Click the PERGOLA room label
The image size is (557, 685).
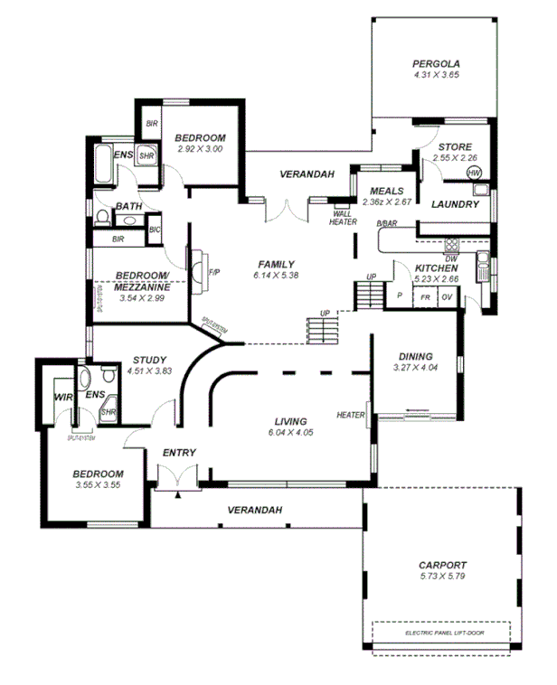(x=437, y=63)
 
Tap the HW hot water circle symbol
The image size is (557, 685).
(x=474, y=174)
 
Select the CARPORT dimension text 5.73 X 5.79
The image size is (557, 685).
(x=443, y=576)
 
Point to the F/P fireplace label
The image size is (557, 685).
(x=214, y=272)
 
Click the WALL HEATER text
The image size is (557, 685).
(x=343, y=217)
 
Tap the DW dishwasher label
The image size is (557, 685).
(x=450, y=258)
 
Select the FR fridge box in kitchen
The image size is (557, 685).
(x=424, y=296)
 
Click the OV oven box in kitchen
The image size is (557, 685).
(x=446, y=296)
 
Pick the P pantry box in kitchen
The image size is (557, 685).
(x=399, y=296)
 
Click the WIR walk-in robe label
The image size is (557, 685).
(x=62, y=396)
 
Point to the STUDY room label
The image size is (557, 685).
(x=149, y=360)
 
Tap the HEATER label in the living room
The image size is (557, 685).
(x=350, y=416)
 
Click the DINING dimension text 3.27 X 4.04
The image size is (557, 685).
(x=414, y=368)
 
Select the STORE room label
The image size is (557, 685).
(x=455, y=147)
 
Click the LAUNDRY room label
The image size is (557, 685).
(x=454, y=204)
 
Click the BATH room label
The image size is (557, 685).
(x=127, y=206)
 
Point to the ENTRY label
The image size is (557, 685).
(x=179, y=452)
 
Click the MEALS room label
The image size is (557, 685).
(x=386, y=191)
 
